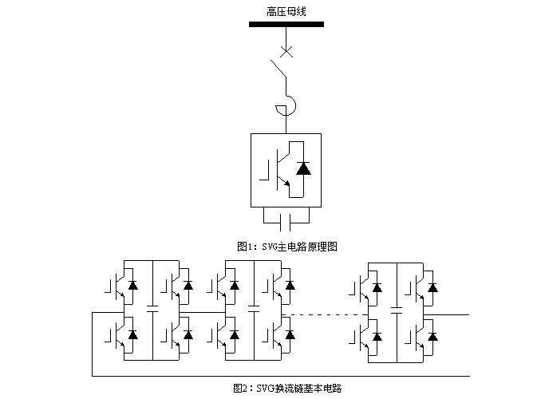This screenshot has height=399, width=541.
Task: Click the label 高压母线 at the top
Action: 286,11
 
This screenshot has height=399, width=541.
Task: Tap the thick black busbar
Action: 286,24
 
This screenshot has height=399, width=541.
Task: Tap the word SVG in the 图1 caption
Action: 268,247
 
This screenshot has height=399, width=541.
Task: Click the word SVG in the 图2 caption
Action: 264,388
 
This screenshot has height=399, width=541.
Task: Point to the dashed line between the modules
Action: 323,314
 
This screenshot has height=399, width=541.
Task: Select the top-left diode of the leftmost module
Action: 132,284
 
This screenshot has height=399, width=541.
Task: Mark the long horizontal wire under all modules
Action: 279,374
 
